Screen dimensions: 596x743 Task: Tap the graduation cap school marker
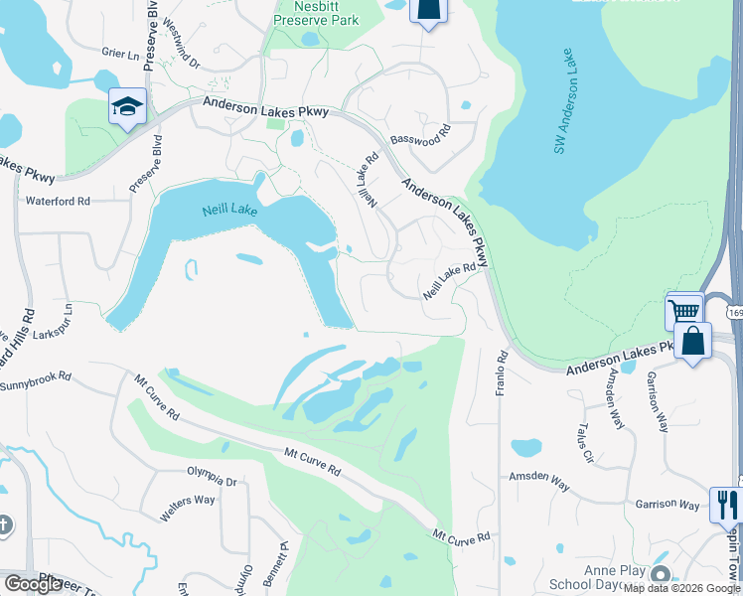(x=127, y=106)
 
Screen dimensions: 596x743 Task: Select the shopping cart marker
(x=684, y=311)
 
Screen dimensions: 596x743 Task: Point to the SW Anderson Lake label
(x=562, y=97)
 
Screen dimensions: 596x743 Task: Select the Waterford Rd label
(x=58, y=201)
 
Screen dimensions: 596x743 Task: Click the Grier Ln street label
(x=119, y=52)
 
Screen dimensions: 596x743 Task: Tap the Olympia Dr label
(x=213, y=481)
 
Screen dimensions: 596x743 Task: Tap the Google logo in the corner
(x=33, y=583)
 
